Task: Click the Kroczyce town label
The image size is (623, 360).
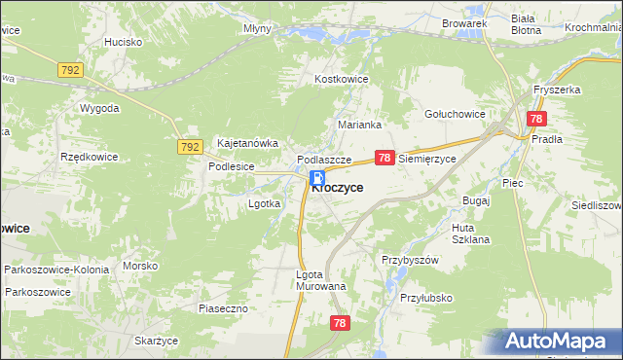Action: (339, 189)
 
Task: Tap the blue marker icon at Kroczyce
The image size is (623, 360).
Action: (317, 178)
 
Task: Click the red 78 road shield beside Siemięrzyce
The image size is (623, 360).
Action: (385, 157)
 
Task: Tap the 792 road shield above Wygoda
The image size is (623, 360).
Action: (70, 70)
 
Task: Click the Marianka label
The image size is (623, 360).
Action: (358, 125)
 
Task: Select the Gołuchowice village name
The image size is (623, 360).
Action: (455, 114)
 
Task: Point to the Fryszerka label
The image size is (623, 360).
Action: (557, 90)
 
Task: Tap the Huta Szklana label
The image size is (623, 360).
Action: (471, 234)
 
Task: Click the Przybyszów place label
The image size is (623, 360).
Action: (411, 260)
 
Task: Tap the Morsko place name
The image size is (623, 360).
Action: (140, 266)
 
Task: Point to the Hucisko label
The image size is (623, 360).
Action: (124, 43)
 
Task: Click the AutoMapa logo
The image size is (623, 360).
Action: (556, 342)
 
